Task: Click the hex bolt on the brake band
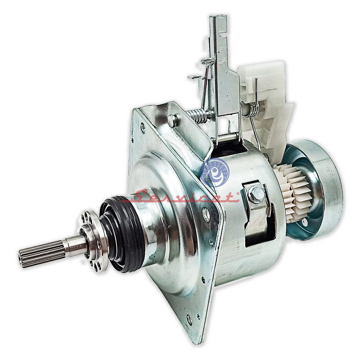pos(256,194)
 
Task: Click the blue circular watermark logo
pos(215,172)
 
